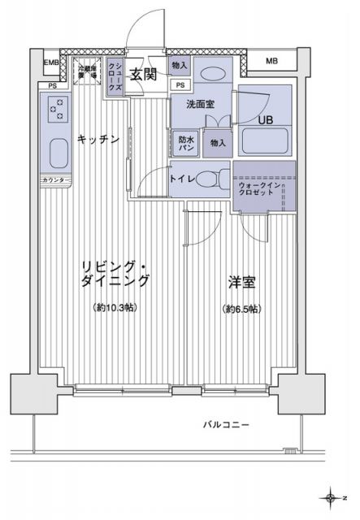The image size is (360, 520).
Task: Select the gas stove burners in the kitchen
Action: pos(58,108)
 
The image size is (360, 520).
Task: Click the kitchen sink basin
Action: pos(58,152)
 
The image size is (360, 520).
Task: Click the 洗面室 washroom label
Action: pos(199,104)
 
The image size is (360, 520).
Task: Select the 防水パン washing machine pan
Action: pos(186,142)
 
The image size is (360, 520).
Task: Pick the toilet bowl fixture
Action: pos(213,179)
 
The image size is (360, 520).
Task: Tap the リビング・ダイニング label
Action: pos(115,274)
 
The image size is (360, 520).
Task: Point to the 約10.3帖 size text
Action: pos(115,309)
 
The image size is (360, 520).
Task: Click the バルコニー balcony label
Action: pos(224,425)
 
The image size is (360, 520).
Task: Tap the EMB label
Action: pos(51,62)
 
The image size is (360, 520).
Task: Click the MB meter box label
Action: pos(271,61)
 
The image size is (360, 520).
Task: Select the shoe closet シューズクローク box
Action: pos(117,77)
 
